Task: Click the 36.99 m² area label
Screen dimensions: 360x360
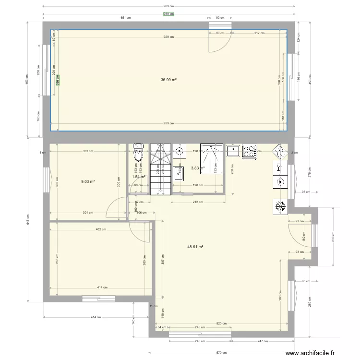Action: (168, 80)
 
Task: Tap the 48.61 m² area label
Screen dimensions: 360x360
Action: (195, 247)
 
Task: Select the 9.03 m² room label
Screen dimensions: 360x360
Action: (87, 181)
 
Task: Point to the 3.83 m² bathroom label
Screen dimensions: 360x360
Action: (197, 168)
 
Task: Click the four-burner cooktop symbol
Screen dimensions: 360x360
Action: (250, 151)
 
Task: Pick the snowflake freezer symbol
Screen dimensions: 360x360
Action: (280, 206)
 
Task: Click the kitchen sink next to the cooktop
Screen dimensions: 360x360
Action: (233, 151)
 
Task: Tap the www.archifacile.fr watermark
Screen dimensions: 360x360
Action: (310, 353)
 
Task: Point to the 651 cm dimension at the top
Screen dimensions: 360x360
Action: (126, 18)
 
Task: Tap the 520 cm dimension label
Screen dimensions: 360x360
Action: (222, 324)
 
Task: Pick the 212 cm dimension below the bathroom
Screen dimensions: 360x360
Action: (197, 202)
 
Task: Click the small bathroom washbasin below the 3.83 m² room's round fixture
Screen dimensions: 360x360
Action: (180, 172)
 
